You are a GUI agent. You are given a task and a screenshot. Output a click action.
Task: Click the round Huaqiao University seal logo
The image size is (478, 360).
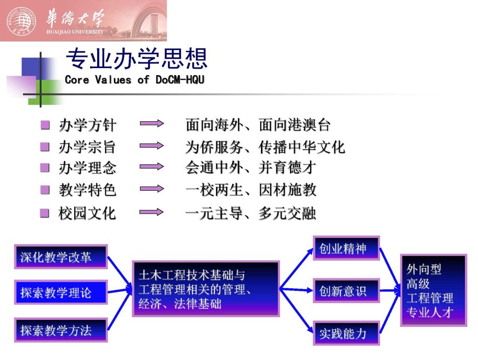click(x=21, y=21)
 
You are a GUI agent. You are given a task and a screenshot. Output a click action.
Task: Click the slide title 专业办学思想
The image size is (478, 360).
click(x=137, y=58)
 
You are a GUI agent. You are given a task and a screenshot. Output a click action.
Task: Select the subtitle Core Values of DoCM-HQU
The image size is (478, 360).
click(x=134, y=80)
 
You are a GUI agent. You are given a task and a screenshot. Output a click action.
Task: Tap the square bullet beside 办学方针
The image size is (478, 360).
click(x=45, y=125)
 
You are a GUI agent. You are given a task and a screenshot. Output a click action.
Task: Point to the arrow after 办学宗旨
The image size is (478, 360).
click(x=152, y=146)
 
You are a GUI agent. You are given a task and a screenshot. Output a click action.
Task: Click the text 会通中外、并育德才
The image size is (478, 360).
click(x=250, y=167)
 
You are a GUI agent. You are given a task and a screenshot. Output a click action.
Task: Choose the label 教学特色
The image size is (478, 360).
click(x=87, y=190)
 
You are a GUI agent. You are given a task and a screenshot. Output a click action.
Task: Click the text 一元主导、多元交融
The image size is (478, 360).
click(x=250, y=213)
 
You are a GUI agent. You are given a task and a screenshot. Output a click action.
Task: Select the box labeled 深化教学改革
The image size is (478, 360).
click(x=61, y=257)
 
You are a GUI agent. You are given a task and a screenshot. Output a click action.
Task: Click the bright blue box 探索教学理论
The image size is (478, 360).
click(x=61, y=292)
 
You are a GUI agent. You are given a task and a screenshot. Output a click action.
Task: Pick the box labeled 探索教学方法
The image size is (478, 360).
click(x=61, y=330)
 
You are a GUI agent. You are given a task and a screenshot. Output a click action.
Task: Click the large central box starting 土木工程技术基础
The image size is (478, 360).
click(x=206, y=289)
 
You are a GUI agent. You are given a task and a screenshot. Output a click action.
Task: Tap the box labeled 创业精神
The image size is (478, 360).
click(x=346, y=248)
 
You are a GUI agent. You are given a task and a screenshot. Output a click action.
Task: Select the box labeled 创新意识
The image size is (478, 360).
click(x=346, y=291)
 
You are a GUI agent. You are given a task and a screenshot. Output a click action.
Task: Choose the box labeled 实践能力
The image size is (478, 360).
click(x=346, y=333)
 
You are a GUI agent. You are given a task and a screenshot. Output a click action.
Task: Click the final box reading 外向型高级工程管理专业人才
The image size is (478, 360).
click(x=434, y=290)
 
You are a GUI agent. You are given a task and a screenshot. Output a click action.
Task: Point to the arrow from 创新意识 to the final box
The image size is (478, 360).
click(x=390, y=291)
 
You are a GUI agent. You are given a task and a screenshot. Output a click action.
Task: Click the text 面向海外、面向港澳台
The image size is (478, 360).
click(x=258, y=125)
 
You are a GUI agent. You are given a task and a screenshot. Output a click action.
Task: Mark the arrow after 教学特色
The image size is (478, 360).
click(x=152, y=189)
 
